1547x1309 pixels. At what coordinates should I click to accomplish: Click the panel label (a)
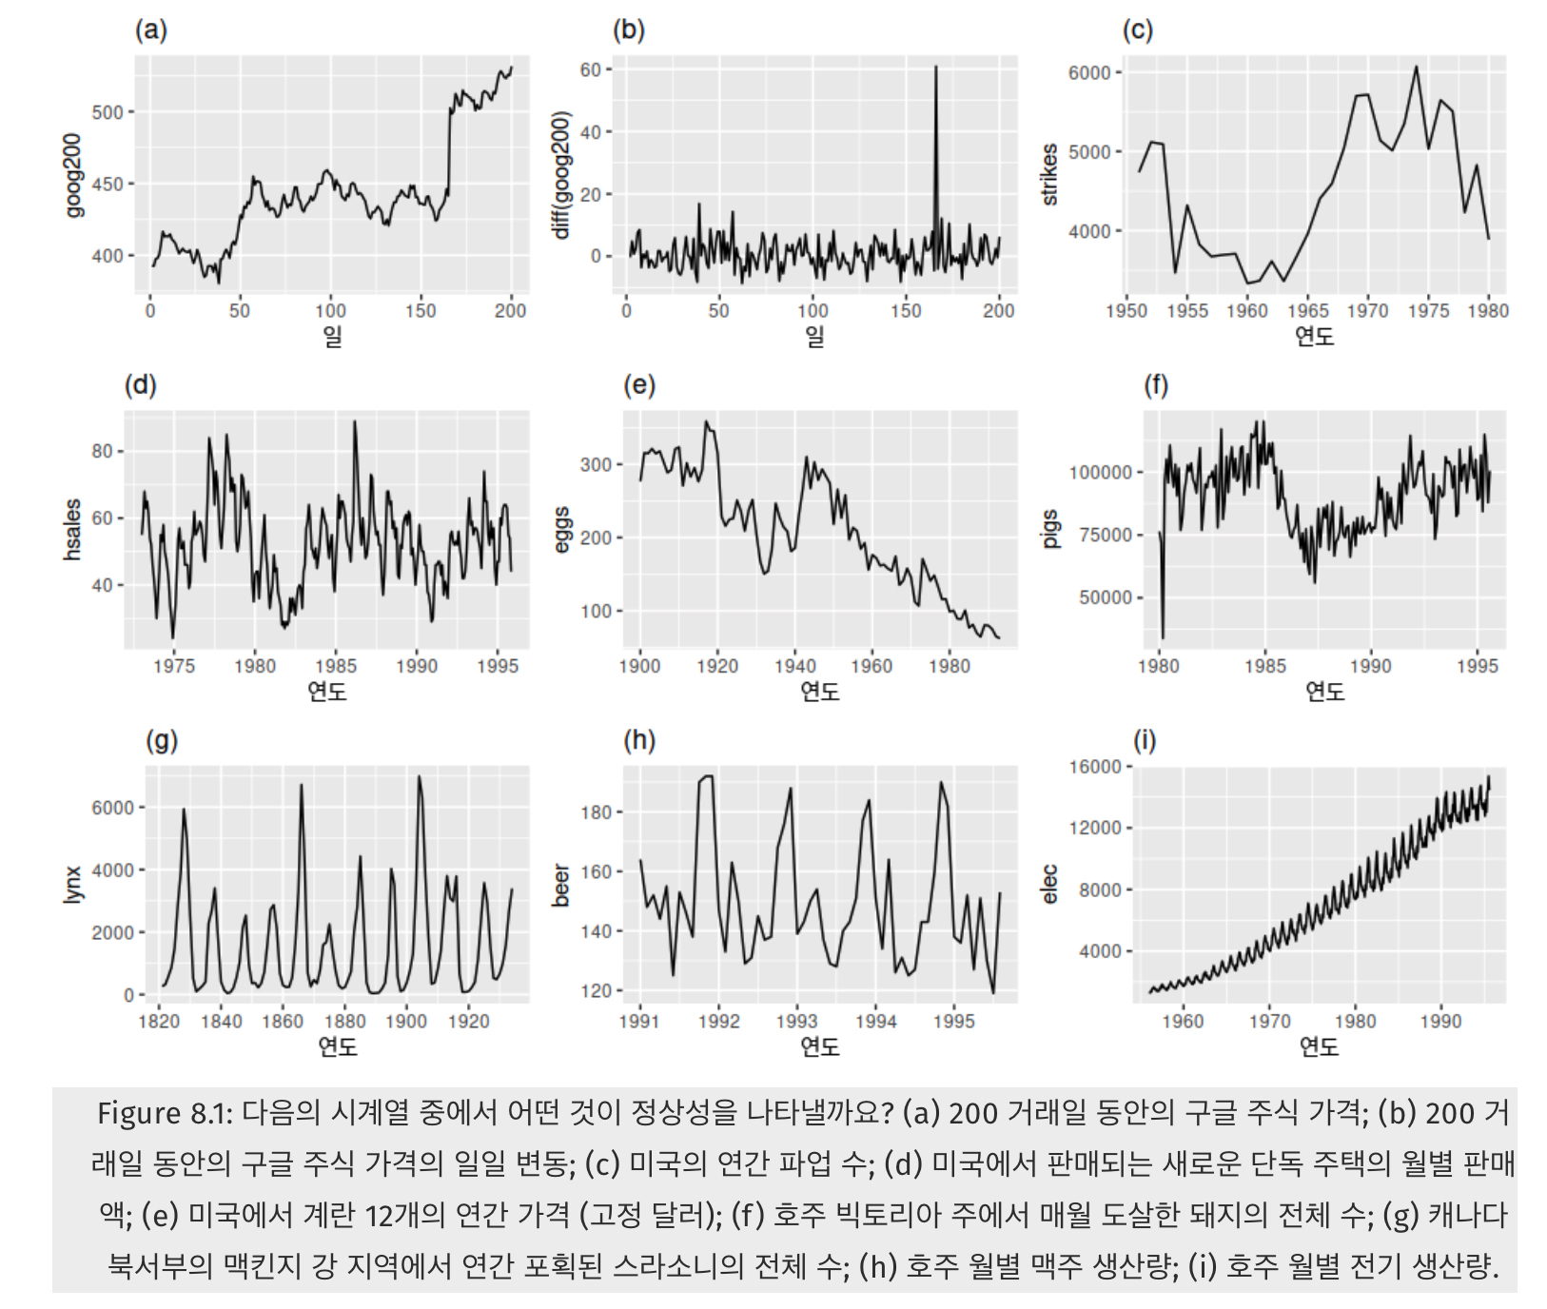tap(150, 29)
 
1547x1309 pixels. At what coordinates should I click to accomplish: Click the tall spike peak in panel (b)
tap(935, 68)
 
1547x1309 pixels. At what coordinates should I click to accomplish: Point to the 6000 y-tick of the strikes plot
tap(1088, 72)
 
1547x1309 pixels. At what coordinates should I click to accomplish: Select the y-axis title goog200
tap(73, 175)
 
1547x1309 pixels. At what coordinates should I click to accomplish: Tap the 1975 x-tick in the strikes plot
tap(1427, 311)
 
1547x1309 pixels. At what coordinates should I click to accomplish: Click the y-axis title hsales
tap(73, 530)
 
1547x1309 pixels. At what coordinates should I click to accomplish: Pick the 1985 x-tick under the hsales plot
tap(335, 666)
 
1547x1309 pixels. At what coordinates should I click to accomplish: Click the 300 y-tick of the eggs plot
tap(596, 464)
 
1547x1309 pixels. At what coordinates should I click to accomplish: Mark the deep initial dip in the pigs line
tap(1163, 635)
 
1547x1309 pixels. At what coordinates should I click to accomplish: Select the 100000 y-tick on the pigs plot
tap(1100, 472)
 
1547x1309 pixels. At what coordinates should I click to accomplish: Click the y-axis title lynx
tap(73, 884)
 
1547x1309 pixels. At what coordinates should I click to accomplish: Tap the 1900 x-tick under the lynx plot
tap(406, 1021)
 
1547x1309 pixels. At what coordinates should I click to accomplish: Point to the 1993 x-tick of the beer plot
tap(795, 1021)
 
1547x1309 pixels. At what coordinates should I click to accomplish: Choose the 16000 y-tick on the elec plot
tap(1094, 767)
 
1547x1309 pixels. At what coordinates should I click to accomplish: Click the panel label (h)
tap(639, 740)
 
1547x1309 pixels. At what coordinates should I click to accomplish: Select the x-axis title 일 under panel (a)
tap(332, 336)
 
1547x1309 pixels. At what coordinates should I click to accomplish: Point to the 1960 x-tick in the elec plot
tap(1183, 1021)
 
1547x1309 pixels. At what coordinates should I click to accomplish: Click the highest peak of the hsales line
tap(355, 421)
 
